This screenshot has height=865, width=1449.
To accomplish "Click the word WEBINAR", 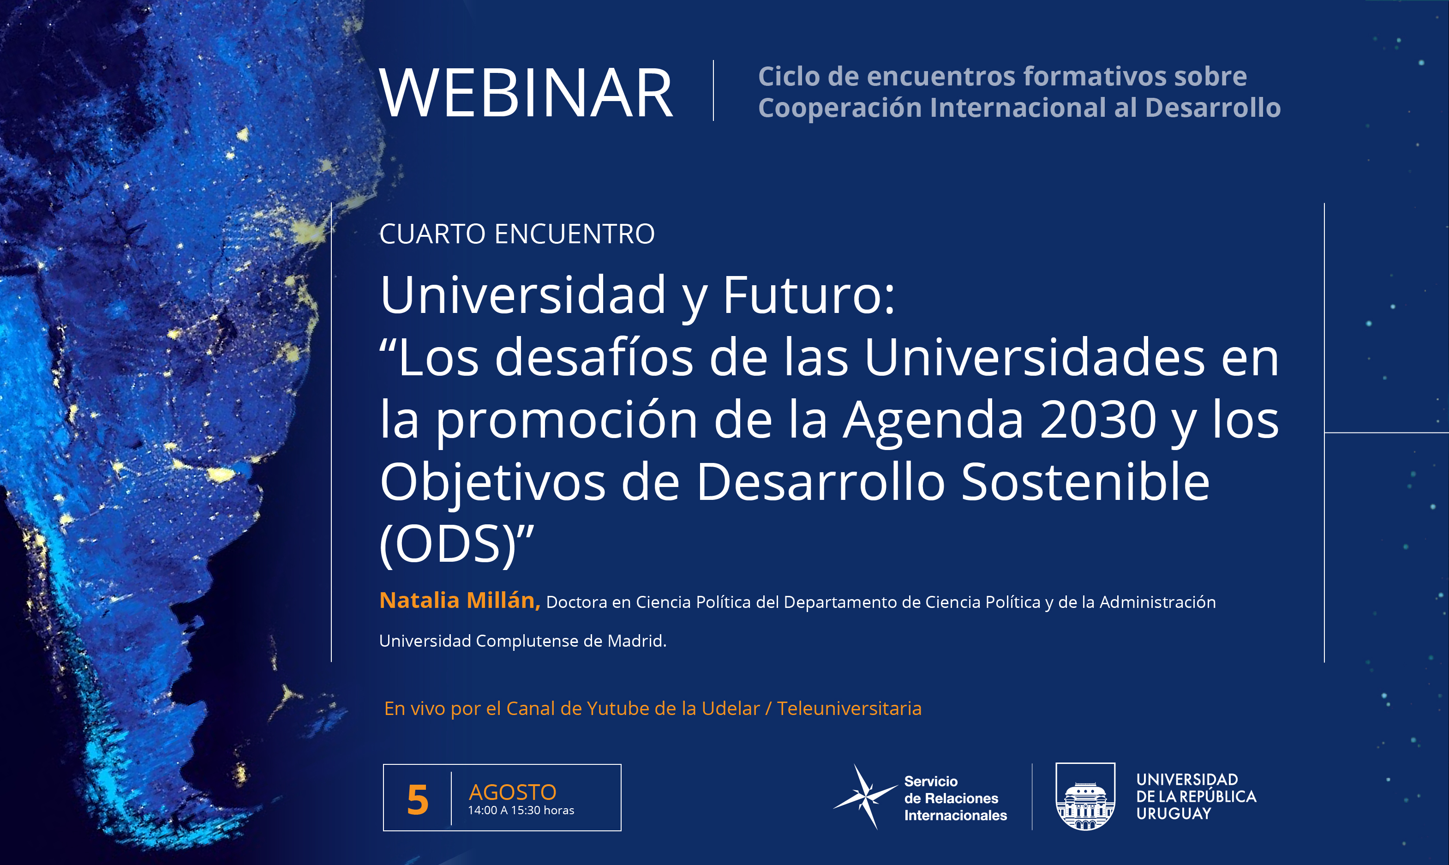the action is (x=526, y=93).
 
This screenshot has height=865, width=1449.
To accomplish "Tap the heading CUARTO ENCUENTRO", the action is (x=517, y=234).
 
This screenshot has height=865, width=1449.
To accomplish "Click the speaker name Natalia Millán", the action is (x=460, y=601).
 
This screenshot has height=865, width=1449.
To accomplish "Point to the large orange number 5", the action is (x=418, y=800).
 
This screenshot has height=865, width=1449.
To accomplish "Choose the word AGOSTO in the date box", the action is (x=512, y=792).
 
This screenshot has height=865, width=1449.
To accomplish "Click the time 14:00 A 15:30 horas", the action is (x=521, y=810).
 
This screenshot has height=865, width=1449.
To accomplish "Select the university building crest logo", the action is (x=1085, y=796).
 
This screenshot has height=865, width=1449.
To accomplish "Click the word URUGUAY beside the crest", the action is (x=1174, y=814).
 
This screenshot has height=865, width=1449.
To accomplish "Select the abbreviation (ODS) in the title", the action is (x=448, y=544).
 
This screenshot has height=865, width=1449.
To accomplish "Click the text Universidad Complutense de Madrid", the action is (x=523, y=641).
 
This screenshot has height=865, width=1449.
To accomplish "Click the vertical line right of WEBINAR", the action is (x=713, y=90).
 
